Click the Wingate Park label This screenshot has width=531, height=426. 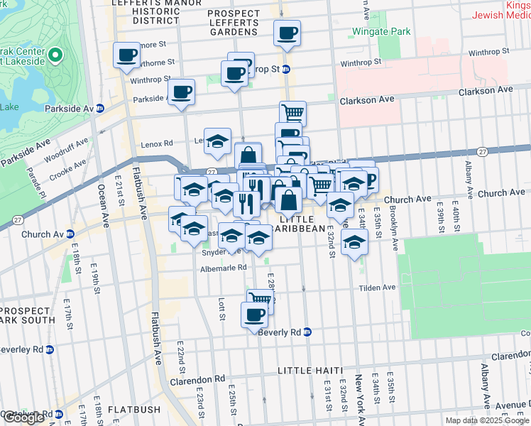click(x=381, y=32)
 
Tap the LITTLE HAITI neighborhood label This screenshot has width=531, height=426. click(x=310, y=371)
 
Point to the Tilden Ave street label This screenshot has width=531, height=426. click(x=377, y=288)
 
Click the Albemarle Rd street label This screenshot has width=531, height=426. click(x=223, y=268)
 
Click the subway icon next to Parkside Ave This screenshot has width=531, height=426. click(x=100, y=109)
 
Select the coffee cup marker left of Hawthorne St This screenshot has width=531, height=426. click(x=127, y=55)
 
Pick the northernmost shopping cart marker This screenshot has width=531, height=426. click(x=292, y=112)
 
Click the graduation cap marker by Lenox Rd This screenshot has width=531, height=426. click(x=218, y=139)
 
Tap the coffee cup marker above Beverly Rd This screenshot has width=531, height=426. click(x=253, y=314)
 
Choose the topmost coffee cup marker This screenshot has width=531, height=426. click(x=287, y=32)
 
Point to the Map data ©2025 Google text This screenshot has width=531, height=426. click(x=488, y=420)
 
